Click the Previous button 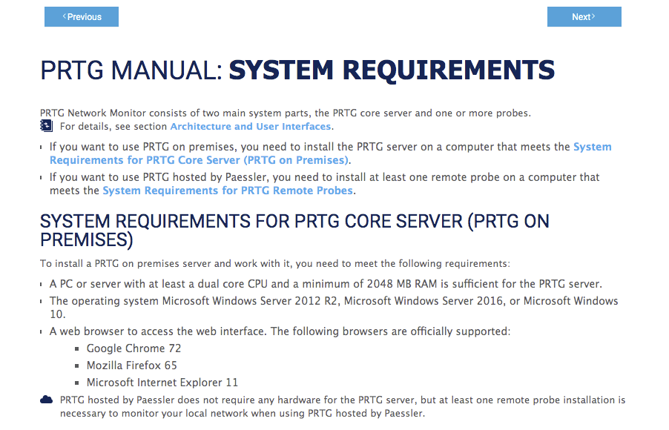pos(82,16)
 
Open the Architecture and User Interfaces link pos(251,126)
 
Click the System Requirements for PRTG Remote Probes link pos(228,191)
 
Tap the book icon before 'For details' pos(46,125)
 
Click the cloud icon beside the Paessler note pos(46,400)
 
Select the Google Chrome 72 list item pos(134,348)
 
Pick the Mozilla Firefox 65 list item pos(131,365)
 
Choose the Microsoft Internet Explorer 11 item pos(162,383)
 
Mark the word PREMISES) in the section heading pos(87,239)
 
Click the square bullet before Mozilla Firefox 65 pos(79,366)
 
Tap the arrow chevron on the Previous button pos(64,16)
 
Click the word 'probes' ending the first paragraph pos(513,113)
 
